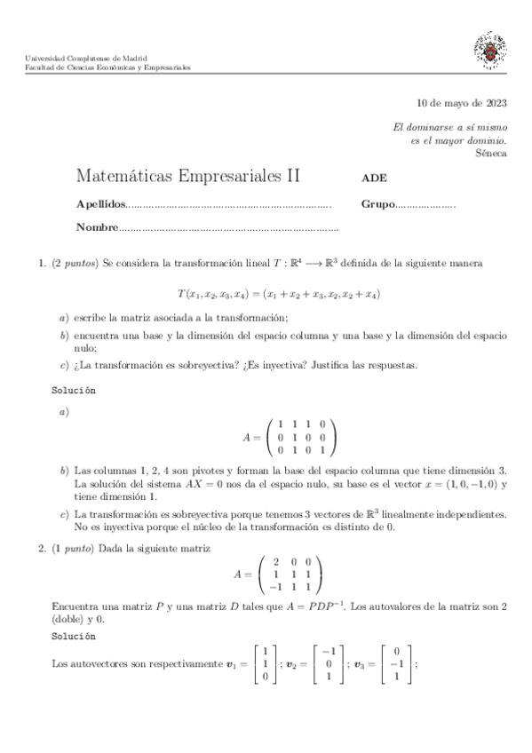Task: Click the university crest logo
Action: tap(490, 52)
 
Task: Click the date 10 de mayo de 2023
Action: tap(462, 103)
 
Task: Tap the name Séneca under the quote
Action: tap(490, 153)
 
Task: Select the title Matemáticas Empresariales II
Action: tap(188, 176)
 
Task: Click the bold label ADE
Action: tap(374, 178)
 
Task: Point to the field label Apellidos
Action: tap(101, 204)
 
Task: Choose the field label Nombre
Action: tap(97, 227)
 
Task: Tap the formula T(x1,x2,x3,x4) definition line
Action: tap(279, 293)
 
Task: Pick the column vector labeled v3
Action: tap(396, 663)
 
